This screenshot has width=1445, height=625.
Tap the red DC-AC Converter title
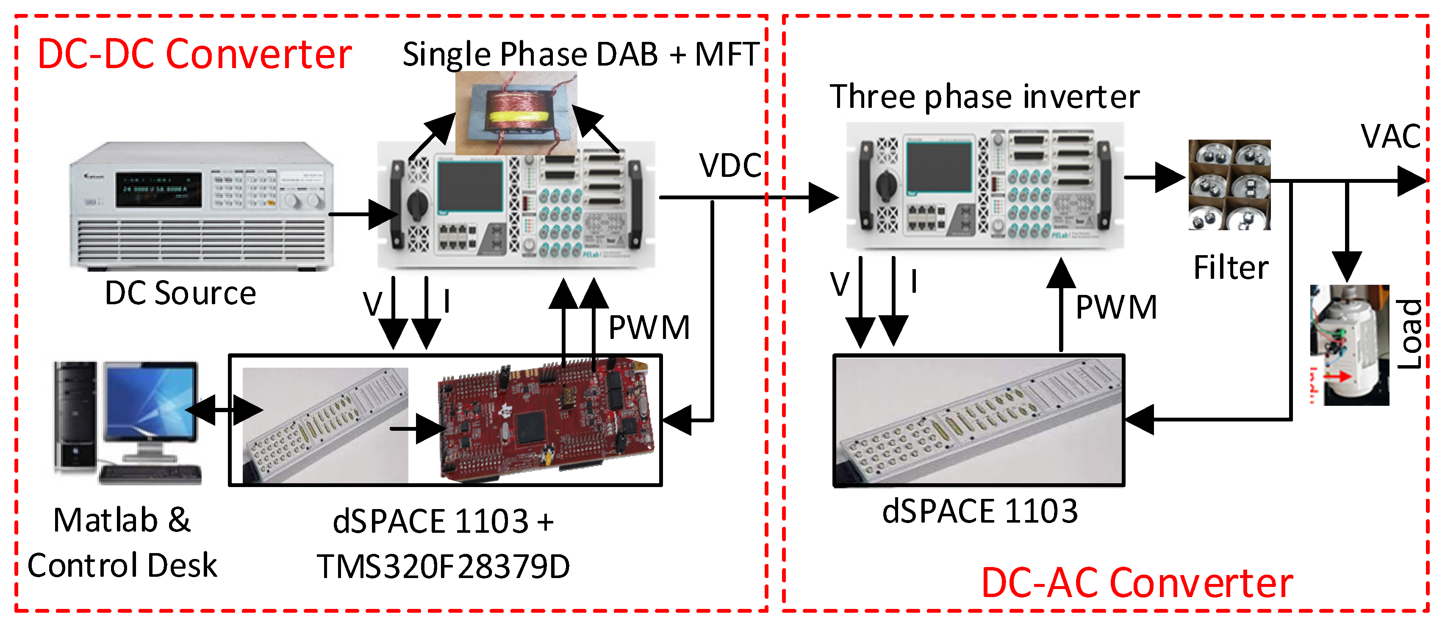(x=1137, y=583)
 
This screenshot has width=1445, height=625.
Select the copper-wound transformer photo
(x=516, y=113)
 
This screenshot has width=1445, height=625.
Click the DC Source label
(x=180, y=293)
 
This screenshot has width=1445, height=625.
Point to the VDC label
(x=730, y=165)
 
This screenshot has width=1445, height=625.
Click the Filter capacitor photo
(x=1229, y=184)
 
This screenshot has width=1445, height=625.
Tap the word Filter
(x=1231, y=267)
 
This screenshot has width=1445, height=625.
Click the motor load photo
(x=1349, y=345)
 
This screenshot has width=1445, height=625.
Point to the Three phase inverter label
(x=985, y=96)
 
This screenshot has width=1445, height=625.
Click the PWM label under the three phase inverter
(x=1116, y=307)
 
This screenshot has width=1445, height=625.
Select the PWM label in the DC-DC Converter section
(x=649, y=328)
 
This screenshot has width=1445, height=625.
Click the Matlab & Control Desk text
(x=122, y=542)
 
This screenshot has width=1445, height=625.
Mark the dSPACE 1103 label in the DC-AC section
(x=979, y=511)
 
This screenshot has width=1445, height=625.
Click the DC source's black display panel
(x=159, y=189)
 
